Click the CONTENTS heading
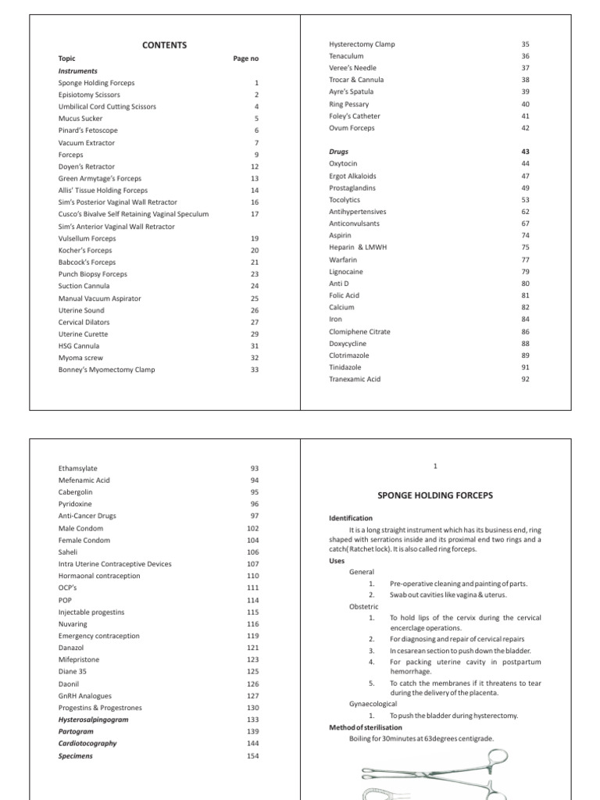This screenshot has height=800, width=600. tap(164, 45)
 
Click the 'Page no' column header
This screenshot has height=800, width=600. tap(245, 59)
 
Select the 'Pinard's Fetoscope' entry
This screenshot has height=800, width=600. tap(87, 130)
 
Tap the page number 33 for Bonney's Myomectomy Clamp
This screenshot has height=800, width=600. tap(255, 370)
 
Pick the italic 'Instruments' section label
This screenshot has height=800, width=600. tap(78, 70)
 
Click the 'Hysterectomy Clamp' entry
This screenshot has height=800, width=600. tap(362, 44)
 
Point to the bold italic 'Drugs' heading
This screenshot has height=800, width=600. tap(338, 152)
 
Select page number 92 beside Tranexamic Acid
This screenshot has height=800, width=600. tap(525, 380)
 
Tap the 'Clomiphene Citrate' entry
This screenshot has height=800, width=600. tap(359, 331)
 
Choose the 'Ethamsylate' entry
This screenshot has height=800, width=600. tap(78, 468)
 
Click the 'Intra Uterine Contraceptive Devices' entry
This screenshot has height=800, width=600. tap(115, 564)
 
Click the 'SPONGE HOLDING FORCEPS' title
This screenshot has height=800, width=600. tap(435, 495)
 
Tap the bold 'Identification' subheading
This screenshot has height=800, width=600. tap(351, 518)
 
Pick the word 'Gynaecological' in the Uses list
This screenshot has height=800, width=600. tap(373, 703)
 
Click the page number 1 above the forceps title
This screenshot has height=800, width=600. tap(435, 466)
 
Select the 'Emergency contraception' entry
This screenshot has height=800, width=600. tap(98, 636)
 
